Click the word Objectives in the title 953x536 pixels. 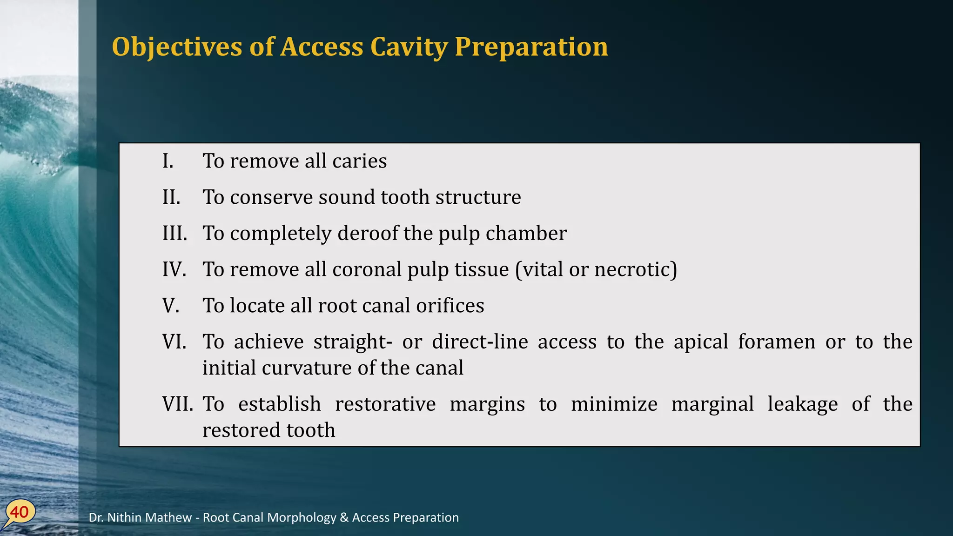point(177,47)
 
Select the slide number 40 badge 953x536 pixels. point(20,512)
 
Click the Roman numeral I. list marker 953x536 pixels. point(168,161)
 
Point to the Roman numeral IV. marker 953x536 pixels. point(174,269)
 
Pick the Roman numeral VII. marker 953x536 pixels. point(177,404)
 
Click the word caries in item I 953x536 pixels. point(359,161)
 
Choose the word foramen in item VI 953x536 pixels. point(776,342)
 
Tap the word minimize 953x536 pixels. point(614,404)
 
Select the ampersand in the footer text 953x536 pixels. point(344,517)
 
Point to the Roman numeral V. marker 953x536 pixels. point(171,306)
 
